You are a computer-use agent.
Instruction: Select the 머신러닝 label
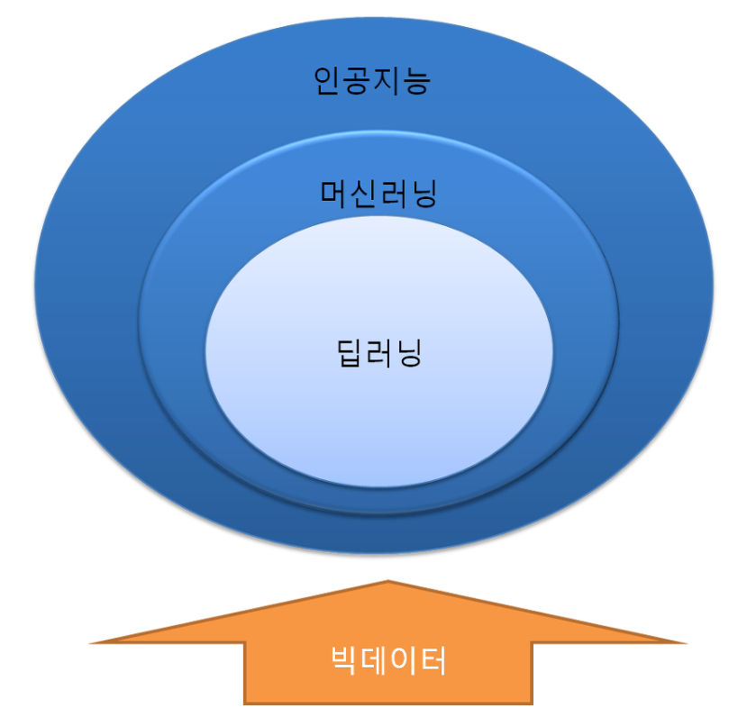tap(378, 193)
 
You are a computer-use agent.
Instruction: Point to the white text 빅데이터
tap(387, 663)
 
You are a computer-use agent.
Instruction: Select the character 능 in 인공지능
tap(417, 82)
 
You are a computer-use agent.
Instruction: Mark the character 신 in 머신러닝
tap(364, 193)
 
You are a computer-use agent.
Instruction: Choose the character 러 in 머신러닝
tap(394, 193)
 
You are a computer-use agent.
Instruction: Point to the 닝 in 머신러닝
tap(424, 194)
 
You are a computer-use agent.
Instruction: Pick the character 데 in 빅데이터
tap(373, 663)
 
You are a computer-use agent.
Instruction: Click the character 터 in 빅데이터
tap(433, 663)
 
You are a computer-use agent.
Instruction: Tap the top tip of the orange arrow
tap(388, 582)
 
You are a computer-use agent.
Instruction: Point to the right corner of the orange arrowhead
tap(685, 642)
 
